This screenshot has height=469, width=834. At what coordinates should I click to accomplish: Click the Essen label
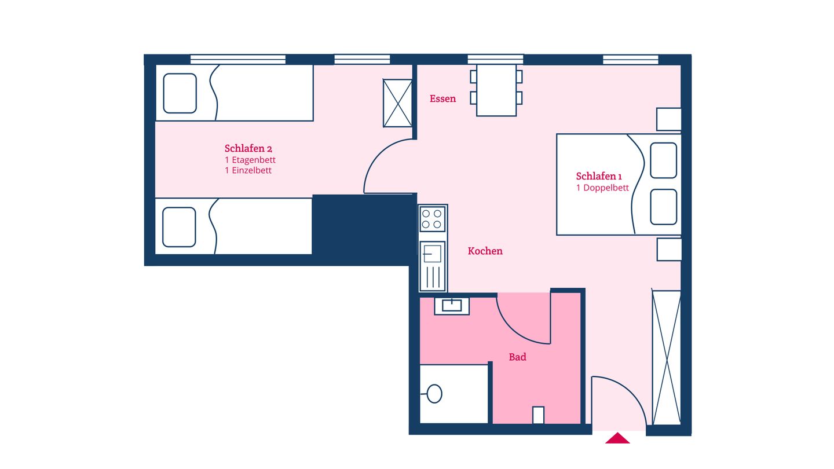coord(442,99)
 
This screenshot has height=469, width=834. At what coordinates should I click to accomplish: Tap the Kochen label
coord(485,251)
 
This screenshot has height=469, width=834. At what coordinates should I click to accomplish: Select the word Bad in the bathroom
coord(517,357)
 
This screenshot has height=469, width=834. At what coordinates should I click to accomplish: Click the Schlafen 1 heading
coord(599,177)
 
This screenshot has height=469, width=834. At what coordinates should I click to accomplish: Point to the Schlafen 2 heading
coord(248,148)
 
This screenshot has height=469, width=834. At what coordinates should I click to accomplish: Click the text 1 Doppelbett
coord(602,188)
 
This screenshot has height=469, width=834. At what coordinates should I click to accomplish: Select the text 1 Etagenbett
coord(250,160)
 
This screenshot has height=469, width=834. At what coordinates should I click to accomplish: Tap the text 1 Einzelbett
coord(248,171)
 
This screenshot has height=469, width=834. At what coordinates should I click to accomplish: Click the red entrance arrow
coord(617,438)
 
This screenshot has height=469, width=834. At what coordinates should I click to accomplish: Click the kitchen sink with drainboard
coord(433,266)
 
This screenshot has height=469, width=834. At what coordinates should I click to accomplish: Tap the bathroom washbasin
coord(452,305)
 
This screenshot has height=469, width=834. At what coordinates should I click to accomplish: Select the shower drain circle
coord(434,394)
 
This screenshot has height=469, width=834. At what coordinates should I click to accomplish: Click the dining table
coord(496,90)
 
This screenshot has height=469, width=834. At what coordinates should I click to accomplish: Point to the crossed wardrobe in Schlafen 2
coord(397,103)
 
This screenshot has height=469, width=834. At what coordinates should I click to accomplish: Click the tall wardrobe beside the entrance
coord(666,357)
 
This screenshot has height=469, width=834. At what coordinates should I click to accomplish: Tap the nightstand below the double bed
coord(669,249)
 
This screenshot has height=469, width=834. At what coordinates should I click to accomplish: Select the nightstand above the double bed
coord(668,119)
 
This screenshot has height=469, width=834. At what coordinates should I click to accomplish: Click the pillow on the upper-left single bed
coord(180,93)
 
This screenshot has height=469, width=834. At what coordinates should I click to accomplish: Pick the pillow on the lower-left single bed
coord(179,227)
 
